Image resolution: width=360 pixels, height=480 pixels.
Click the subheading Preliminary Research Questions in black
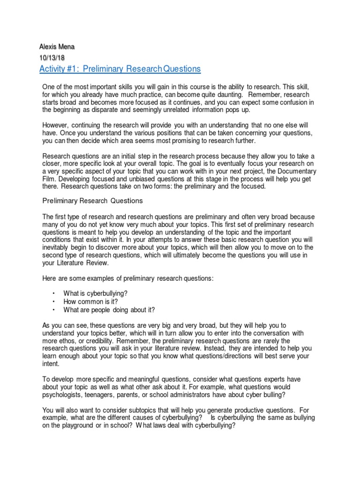(x=92, y=201)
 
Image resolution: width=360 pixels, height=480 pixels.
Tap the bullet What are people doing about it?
(x=109, y=309)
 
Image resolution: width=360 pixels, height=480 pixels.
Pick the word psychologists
(x=62, y=395)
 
